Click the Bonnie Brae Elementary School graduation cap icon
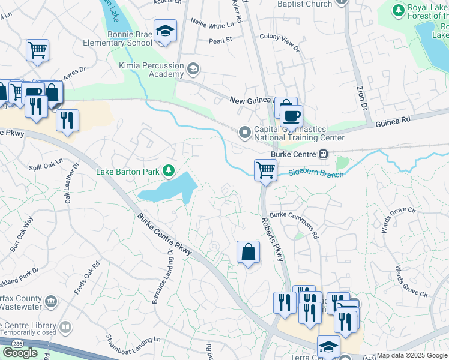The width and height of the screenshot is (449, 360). point(164,31)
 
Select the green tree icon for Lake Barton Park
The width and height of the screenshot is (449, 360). point(169,172)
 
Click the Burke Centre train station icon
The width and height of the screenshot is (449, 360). point(323,154)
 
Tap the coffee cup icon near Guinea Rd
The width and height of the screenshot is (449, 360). point(291,116)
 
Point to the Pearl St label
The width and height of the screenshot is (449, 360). point(220,40)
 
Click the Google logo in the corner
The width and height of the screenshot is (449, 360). point(20,352)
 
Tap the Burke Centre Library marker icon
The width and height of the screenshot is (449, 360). point(64,328)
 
